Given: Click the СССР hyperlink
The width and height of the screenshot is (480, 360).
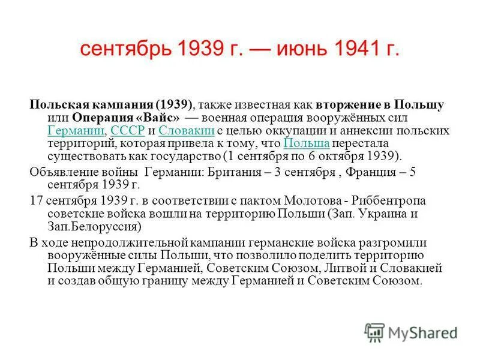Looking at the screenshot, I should click(128, 130).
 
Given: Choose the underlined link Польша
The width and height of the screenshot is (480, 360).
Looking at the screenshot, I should click(305, 143).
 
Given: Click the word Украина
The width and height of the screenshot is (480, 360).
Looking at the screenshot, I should click(377, 214).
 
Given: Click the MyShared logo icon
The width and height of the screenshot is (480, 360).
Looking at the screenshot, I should click(374, 332).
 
